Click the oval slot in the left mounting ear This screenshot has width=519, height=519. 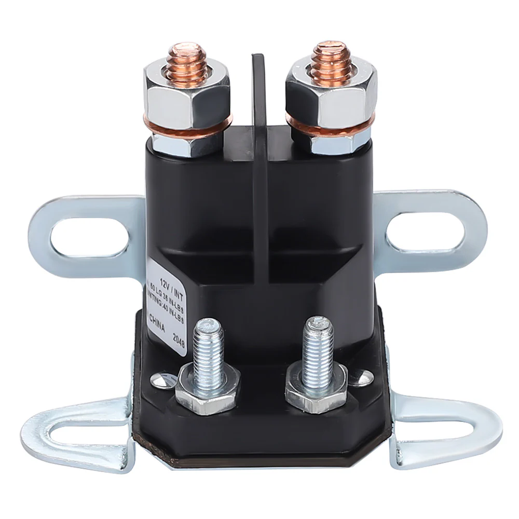pyautogui.click(x=89, y=236)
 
